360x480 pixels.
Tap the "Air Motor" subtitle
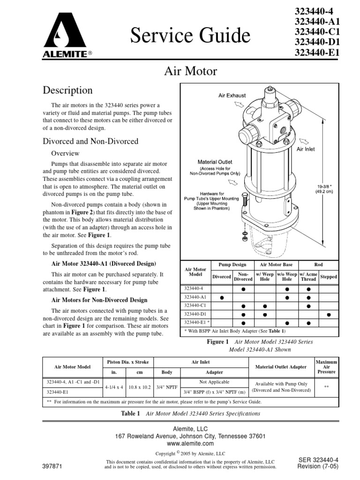tap(190, 71)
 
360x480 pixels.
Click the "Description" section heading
tap(67, 90)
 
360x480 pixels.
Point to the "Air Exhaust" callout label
tap(232, 95)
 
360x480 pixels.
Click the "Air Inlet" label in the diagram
tap(306, 149)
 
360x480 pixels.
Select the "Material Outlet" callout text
tap(215, 162)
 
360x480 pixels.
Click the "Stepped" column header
tap(329, 277)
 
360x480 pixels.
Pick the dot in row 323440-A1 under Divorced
tap(222, 298)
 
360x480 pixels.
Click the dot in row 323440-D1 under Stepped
tap(329, 314)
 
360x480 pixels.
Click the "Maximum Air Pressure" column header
tap(326, 366)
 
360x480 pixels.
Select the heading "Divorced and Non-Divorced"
tap(90, 141)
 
